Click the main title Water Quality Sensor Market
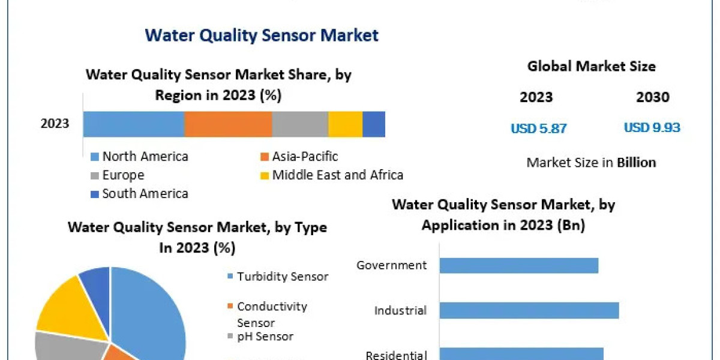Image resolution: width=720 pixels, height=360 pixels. [x=262, y=35]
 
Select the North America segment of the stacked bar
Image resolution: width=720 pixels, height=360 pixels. [x=133, y=124]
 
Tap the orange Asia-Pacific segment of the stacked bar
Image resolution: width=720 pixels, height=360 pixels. [x=228, y=124]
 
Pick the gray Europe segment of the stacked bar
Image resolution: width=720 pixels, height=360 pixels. [x=300, y=124]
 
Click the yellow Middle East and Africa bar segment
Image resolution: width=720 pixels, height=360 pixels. [x=345, y=124]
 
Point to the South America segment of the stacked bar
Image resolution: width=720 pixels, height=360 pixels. [x=374, y=124]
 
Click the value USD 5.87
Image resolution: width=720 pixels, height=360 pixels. [x=538, y=128]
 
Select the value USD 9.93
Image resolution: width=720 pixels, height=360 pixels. [x=652, y=128]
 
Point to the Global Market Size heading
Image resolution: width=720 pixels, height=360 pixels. [x=591, y=66]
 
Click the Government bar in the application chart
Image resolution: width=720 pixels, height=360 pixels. [x=518, y=265]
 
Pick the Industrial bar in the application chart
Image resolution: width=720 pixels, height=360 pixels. [x=529, y=310]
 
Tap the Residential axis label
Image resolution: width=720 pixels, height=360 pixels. [x=396, y=355]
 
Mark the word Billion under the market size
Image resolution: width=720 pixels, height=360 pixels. [x=636, y=163]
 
